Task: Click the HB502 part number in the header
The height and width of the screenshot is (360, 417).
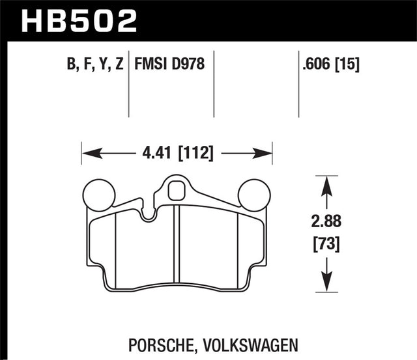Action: (79, 19)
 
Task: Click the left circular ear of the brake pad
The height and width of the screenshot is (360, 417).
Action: (100, 193)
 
